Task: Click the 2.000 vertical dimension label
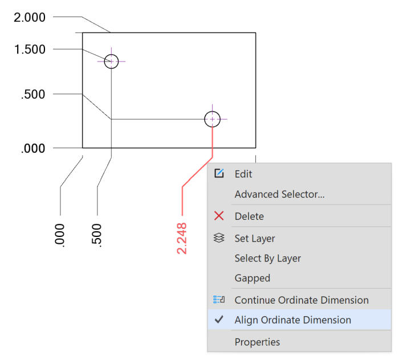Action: click(30, 18)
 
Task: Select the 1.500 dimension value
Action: click(30, 50)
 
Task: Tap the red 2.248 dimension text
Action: click(182, 239)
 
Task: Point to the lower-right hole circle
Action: click(205, 119)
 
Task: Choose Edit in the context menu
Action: click(243, 174)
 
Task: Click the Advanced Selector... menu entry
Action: click(279, 194)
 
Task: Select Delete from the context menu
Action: click(249, 216)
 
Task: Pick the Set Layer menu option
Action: click(255, 239)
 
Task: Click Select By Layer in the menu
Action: click(268, 258)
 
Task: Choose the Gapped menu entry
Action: click(253, 278)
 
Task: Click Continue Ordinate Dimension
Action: click(302, 300)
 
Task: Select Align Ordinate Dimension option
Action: click(293, 320)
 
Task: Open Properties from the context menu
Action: click(257, 342)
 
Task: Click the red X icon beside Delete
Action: click(219, 216)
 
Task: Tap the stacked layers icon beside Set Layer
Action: click(219, 238)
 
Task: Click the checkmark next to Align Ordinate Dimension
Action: click(219, 320)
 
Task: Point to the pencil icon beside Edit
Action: click(219, 173)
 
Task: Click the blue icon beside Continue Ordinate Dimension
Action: click(219, 300)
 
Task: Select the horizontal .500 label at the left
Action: click(33, 95)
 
